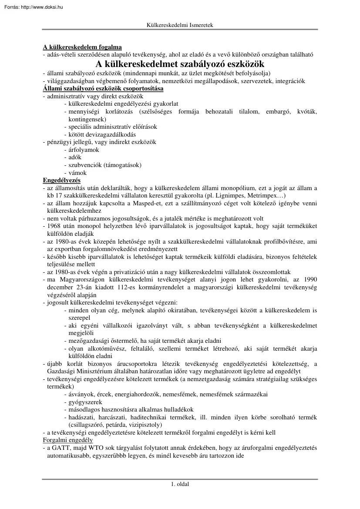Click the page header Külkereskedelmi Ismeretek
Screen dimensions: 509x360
click(180, 25)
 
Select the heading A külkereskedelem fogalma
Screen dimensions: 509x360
click(82, 47)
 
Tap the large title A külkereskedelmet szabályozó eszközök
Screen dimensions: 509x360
click(180, 64)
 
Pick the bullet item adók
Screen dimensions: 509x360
click(75, 157)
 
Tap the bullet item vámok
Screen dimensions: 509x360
click(77, 173)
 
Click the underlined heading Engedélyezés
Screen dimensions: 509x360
click(61, 180)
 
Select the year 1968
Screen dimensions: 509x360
click(54, 226)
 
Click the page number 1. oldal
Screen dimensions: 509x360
click(180, 484)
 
